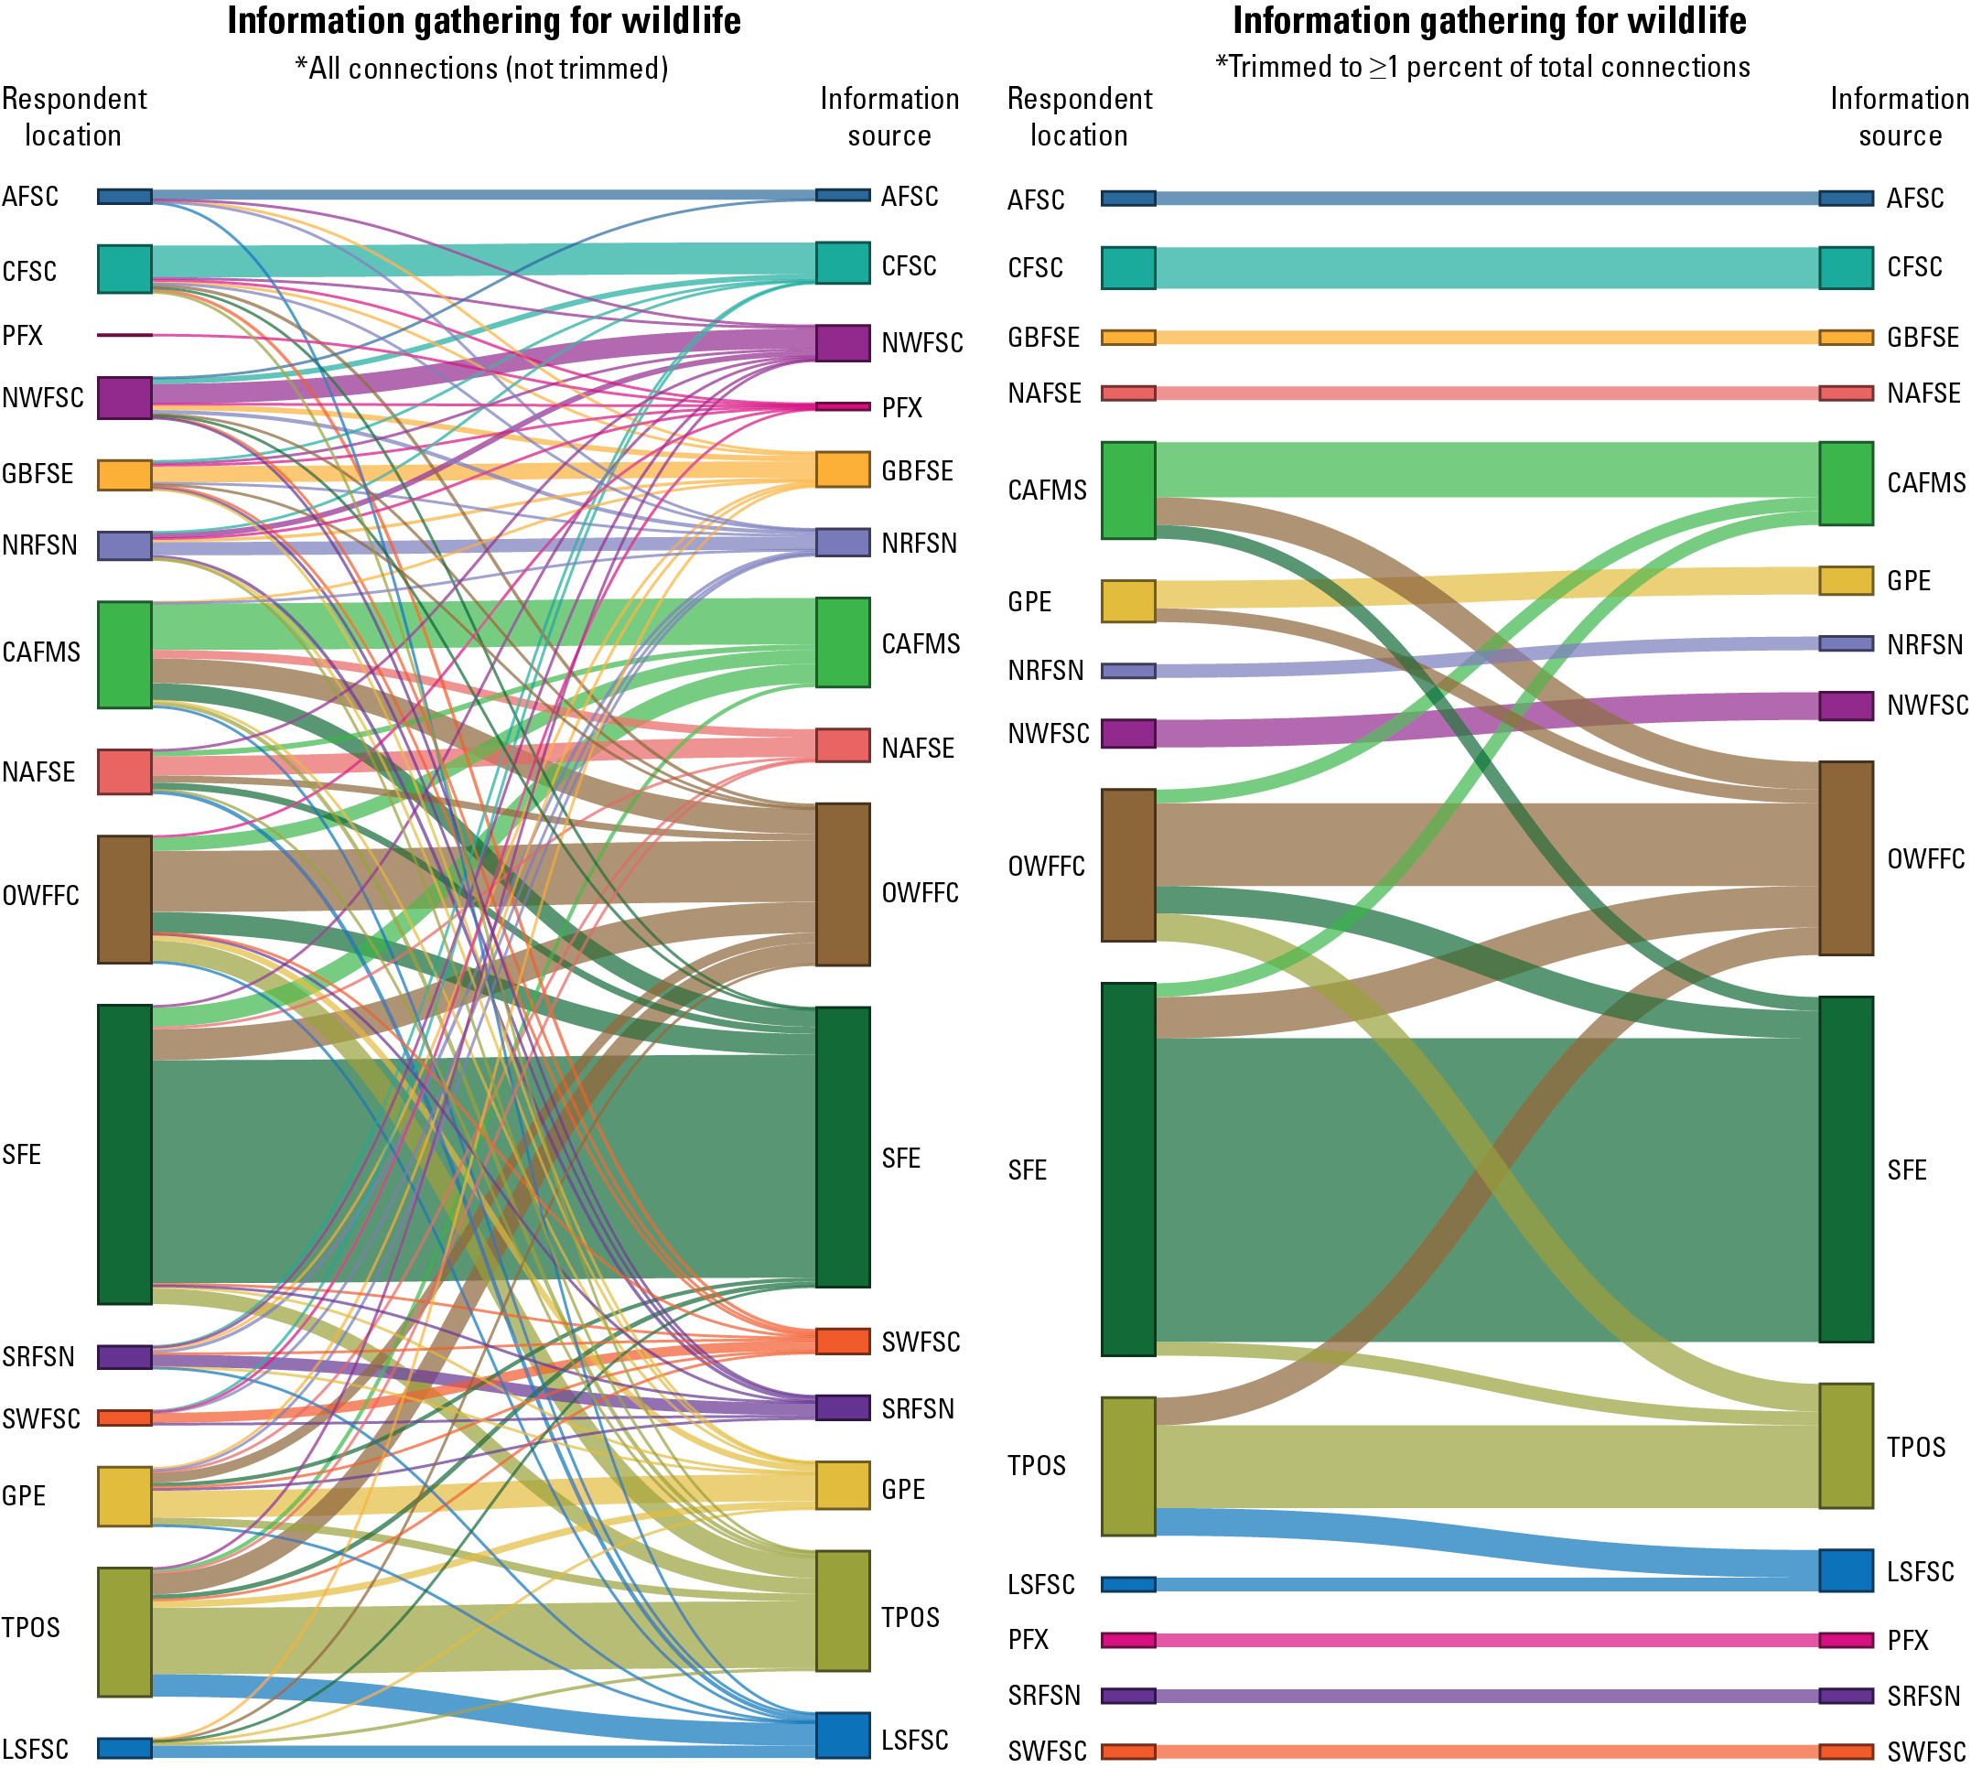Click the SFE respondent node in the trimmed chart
(1128, 1169)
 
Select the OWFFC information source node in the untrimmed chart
(842, 884)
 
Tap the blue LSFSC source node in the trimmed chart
(1846, 1571)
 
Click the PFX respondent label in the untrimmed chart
(22, 336)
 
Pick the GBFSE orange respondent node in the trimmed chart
(1128, 338)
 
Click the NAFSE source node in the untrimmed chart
(842, 745)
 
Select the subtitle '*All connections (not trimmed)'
(482, 69)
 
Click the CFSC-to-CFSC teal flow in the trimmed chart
(1486, 268)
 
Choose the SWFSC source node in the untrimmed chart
(842, 1341)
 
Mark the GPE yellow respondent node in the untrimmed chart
(124, 1496)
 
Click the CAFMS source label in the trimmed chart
(1925, 483)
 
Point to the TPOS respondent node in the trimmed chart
(1128, 1466)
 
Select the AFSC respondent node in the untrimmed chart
(124, 197)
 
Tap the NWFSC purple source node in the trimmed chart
(1846, 706)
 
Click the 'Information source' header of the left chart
(889, 116)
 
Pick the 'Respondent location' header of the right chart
(1079, 116)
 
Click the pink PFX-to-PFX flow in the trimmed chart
(1486, 1640)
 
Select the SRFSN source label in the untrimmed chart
(918, 1408)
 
